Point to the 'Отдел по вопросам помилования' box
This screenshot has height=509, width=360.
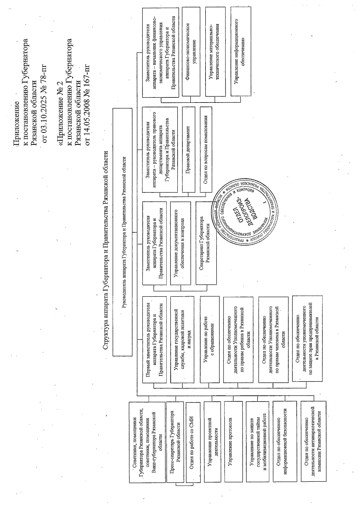coord(206,149)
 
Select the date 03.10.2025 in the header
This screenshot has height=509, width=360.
coord(45,111)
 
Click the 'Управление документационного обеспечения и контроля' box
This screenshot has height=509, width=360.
coord(180,243)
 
